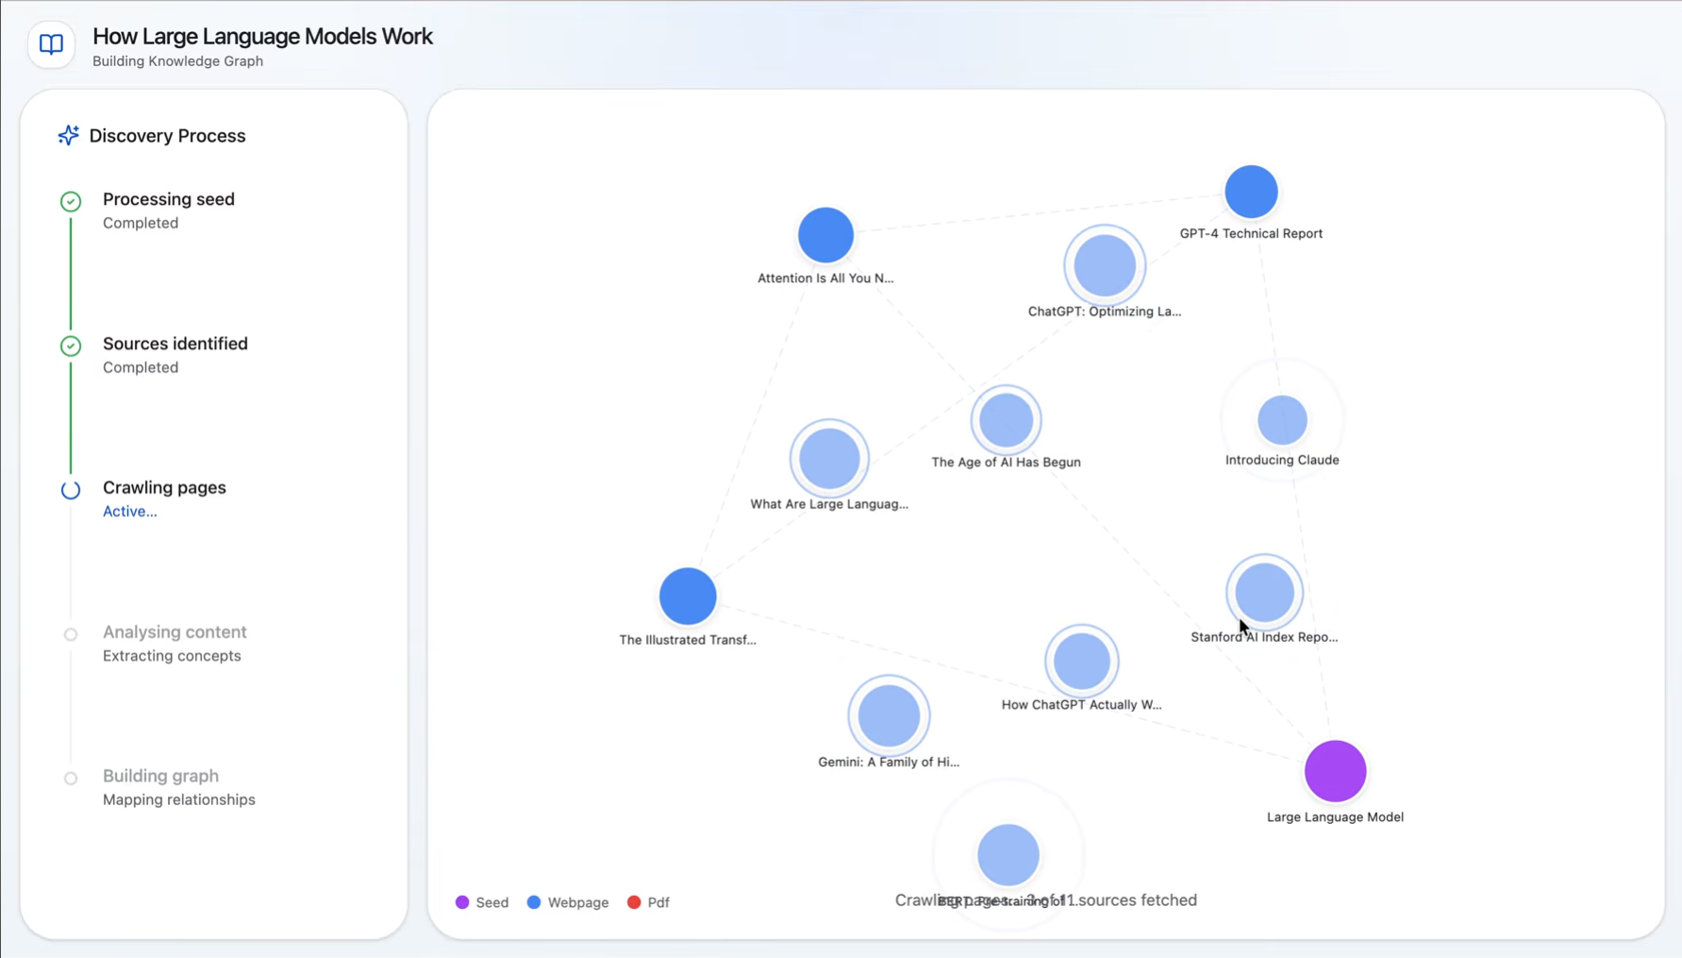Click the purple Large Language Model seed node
pos(1335,771)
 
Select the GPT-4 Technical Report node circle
pos(1251,193)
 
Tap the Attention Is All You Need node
pos(825,235)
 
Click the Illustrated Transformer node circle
pos(688,597)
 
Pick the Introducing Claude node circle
pos(1282,420)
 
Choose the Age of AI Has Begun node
pos(1006,420)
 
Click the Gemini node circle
pos(889,716)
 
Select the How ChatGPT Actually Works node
pos(1081,661)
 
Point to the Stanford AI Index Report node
pos(1264,593)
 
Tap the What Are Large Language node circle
pos(829,459)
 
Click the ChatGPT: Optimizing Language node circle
pos(1105,266)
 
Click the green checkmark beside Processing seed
pos(71,201)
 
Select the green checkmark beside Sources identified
pos(71,345)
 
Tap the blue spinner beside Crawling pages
pos(71,490)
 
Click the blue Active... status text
pos(130,512)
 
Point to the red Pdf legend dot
pos(634,902)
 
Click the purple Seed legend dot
pos(462,902)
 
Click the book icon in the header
pos(51,44)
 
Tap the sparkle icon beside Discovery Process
pos(68,136)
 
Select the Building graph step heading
pos(160,776)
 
